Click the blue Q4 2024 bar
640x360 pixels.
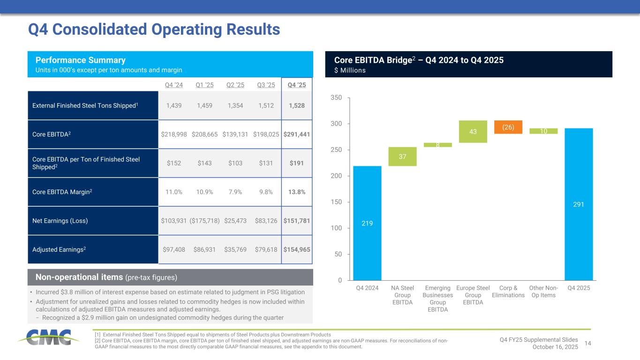pos(367,223)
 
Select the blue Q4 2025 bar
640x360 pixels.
pos(579,204)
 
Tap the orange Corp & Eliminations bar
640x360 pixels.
pos(508,127)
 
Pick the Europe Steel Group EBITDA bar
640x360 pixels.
pos(473,132)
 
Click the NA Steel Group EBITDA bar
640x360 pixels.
pos(402,157)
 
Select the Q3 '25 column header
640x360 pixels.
pos(265,85)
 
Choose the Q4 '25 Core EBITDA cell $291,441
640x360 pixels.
pos(297,134)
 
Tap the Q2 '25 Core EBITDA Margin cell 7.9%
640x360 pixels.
pos(235,192)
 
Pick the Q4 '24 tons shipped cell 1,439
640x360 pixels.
pos(174,105)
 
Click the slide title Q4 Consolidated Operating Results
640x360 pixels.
pos(154,30)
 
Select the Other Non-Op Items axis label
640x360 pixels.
pos(543,291)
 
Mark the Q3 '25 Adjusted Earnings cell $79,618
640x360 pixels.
pos(265,249)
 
